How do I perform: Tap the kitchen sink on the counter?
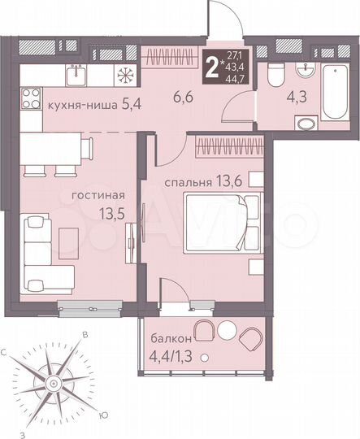74,74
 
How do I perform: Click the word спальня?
192,180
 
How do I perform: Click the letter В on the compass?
84,334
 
